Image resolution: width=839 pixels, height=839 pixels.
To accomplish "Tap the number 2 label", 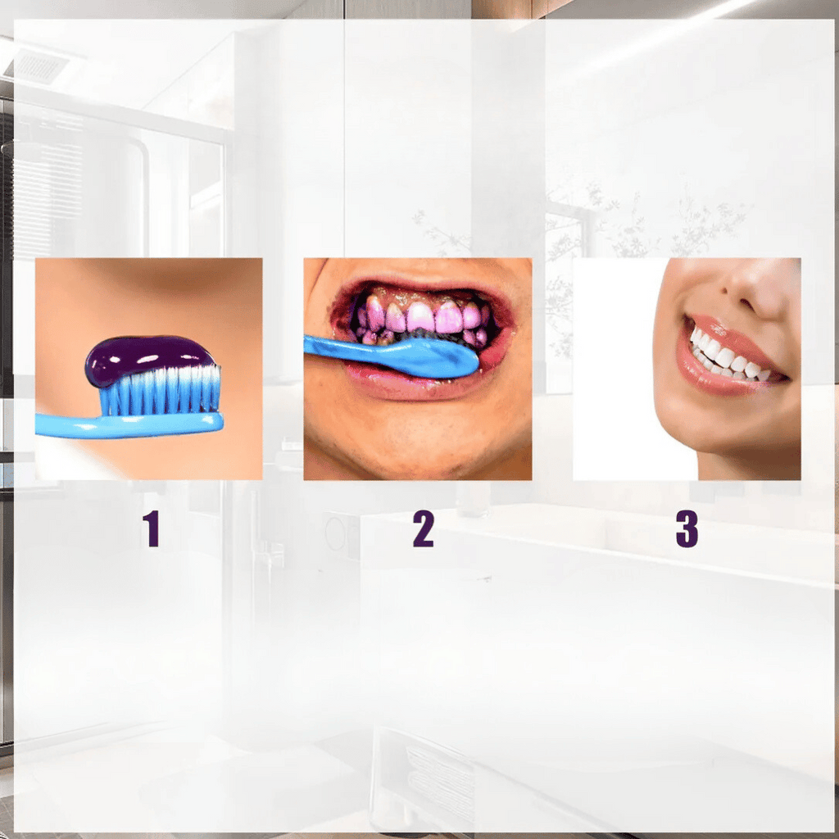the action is [424, 528].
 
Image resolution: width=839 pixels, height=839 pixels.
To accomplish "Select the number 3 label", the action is [687, 528].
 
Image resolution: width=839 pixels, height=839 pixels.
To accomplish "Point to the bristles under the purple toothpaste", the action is [161, 391].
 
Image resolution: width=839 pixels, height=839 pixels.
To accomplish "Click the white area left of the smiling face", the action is [615, 370].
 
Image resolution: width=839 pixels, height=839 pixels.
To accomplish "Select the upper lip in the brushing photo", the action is [423, 283].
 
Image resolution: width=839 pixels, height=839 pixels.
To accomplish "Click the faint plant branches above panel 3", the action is [669, 220].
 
